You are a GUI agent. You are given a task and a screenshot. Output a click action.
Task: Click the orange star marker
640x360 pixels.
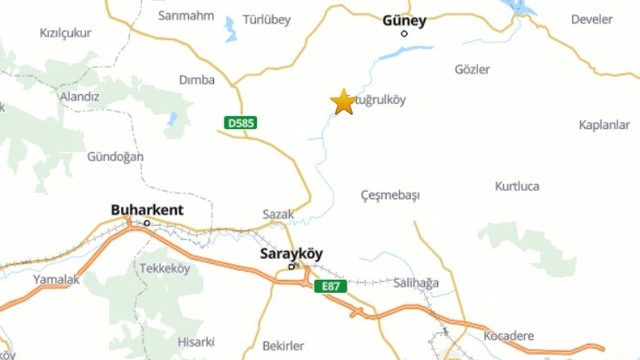(x=343, y=102)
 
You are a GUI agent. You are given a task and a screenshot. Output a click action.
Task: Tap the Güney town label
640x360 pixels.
(x=405, y=19)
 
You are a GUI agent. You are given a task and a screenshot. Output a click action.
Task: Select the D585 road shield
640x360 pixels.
(x=240, y=123)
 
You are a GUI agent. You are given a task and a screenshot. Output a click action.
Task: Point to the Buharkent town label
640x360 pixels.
(x=147, y=210)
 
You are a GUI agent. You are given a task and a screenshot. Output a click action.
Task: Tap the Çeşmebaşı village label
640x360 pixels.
(x=389, y=195)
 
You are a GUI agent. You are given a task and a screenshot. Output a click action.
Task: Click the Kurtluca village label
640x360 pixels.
(x=517, y=187)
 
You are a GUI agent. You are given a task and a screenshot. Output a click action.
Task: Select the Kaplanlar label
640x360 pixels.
(x=604, y=124)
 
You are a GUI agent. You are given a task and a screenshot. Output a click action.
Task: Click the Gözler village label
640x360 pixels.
(x=472, y=70)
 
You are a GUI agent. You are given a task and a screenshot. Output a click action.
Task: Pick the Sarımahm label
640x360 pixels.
(x=187, y=16)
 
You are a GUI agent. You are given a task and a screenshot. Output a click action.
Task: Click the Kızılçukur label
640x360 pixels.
(x=64, y=32)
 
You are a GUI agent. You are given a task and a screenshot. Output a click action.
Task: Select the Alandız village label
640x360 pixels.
(x=79, y=97)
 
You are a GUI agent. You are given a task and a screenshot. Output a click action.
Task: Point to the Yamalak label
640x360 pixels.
(x=55, y=280)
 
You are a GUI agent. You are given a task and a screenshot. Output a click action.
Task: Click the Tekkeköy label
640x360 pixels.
(x=164, y=269)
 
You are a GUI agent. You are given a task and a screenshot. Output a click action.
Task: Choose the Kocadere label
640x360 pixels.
(x=508, y=336)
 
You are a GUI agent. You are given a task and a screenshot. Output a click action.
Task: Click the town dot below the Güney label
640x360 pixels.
(x=405, y=33)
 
